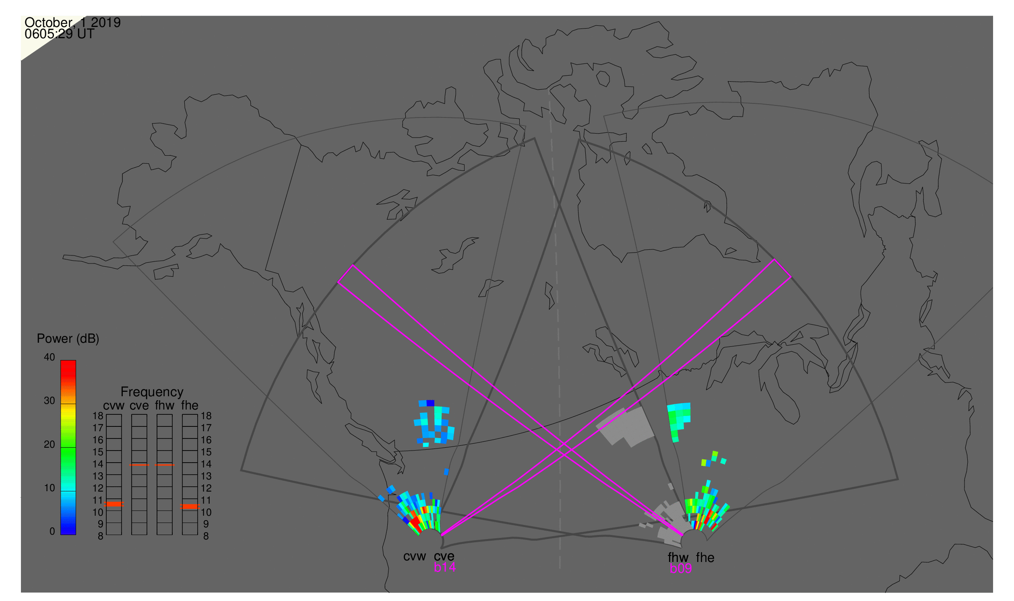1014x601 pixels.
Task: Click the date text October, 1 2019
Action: coord(72,23)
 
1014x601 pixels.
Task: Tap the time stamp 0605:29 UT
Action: coord(60,34)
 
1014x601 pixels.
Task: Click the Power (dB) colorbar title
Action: coord(68,339)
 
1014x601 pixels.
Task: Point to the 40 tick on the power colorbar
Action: coord(50,357)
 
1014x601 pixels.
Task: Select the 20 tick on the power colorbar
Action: coord(50,445)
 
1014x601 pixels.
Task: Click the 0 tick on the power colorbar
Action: coord(52,532)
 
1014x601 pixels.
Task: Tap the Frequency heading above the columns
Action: coord(152,392)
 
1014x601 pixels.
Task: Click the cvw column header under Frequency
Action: coord(114,406)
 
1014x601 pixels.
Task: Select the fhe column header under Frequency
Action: coord(190,406)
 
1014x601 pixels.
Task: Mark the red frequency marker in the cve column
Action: coord(139,465)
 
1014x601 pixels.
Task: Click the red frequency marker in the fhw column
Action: coord(165,465)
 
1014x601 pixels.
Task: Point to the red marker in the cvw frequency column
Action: coord(114,504)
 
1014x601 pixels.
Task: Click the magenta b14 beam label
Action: coord(444,568)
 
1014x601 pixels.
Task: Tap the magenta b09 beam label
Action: coord(681,569)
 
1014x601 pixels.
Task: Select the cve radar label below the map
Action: coord(444,556)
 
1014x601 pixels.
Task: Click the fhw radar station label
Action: coord(678,558)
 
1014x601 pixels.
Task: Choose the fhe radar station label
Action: coord(705,558)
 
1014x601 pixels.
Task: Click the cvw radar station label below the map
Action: coord(415,556)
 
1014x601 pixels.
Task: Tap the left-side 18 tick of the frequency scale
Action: coord(98,416)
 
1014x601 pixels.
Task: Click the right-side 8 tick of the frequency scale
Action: coord(206,537)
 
